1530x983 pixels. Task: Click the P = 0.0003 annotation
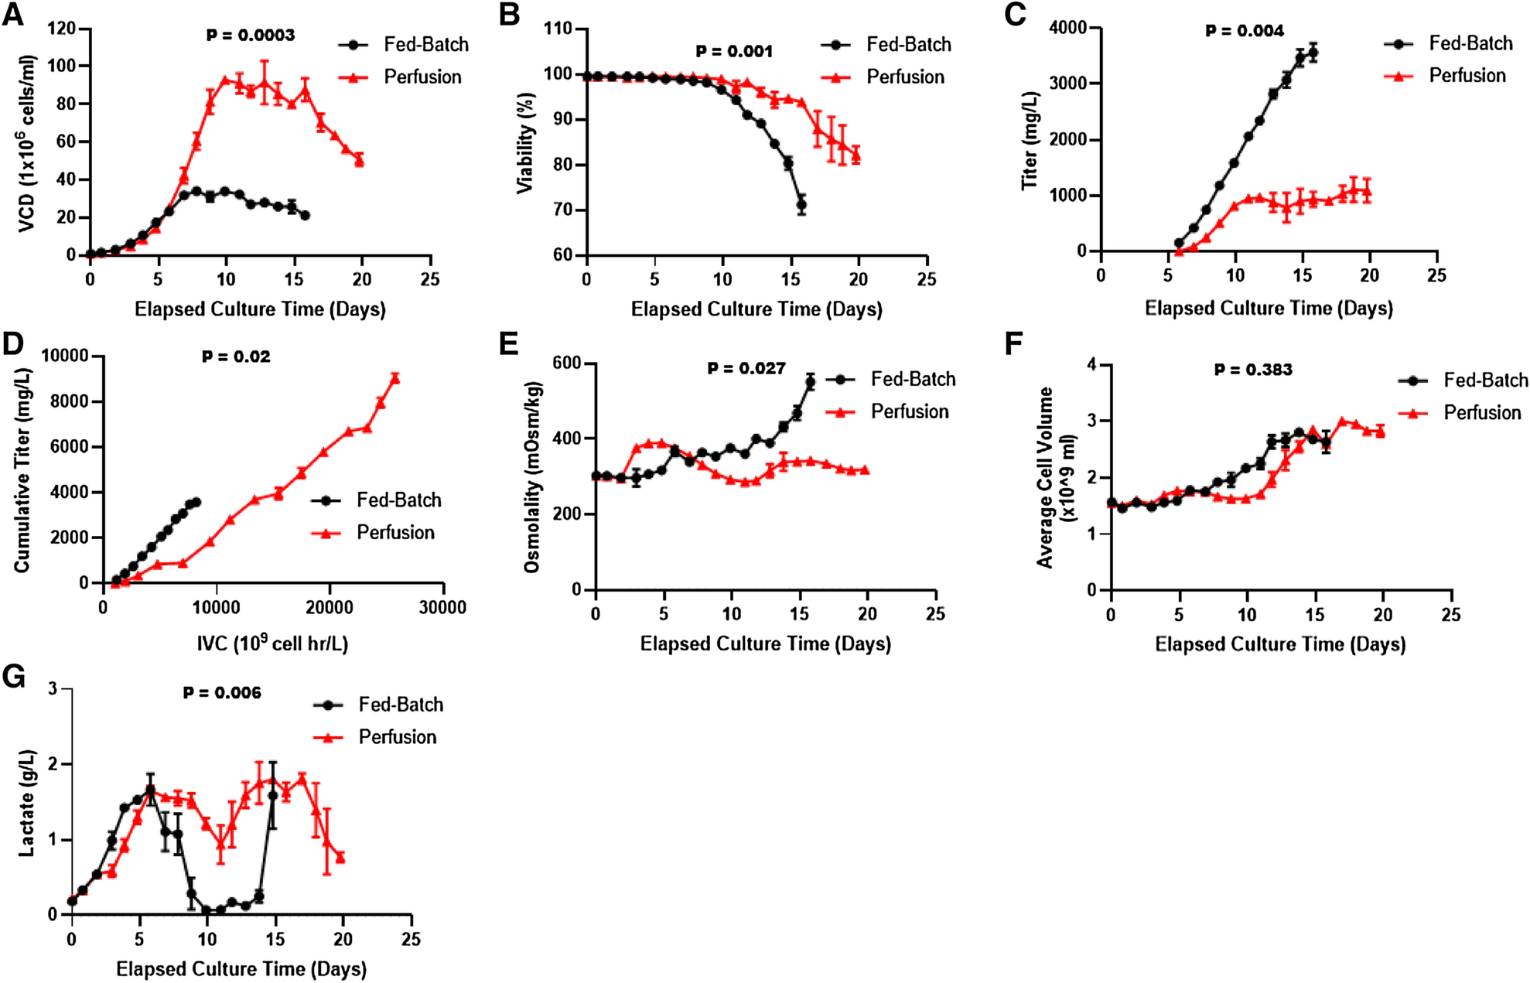250,35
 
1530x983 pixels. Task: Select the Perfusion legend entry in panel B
883,77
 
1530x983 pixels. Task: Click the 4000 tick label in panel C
1067,28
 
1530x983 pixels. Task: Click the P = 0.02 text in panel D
236,357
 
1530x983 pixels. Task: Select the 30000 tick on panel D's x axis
442,608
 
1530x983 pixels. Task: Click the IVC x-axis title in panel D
272,643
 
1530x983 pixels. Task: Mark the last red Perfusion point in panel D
395,377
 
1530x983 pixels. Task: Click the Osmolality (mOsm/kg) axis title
531,476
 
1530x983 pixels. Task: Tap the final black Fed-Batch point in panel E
810,381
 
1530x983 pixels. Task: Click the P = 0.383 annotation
1253,370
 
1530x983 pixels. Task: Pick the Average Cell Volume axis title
1056,478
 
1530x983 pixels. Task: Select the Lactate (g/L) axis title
27,802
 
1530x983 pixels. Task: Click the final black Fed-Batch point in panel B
801,205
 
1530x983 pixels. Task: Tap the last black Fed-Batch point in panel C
1313,53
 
